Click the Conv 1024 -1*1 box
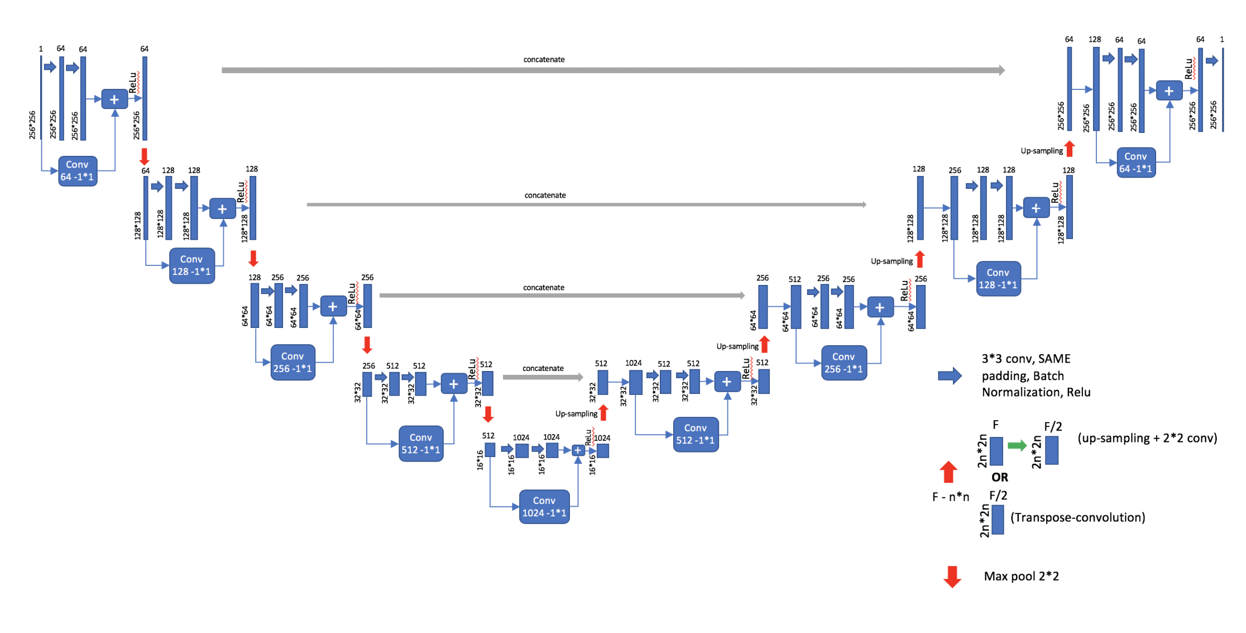544,507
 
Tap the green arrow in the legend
1017,445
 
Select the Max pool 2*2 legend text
1021,576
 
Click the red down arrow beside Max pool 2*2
952,577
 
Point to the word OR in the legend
999,477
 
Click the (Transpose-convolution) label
1077,517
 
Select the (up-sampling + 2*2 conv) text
1147,438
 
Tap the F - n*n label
951,497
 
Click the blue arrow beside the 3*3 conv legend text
950,375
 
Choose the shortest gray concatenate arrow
543,377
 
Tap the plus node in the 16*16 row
578,450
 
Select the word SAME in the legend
1054,359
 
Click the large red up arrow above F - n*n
948,472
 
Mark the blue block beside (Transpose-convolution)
998,520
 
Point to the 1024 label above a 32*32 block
633,363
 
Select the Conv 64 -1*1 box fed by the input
78,171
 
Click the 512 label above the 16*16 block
488,436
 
